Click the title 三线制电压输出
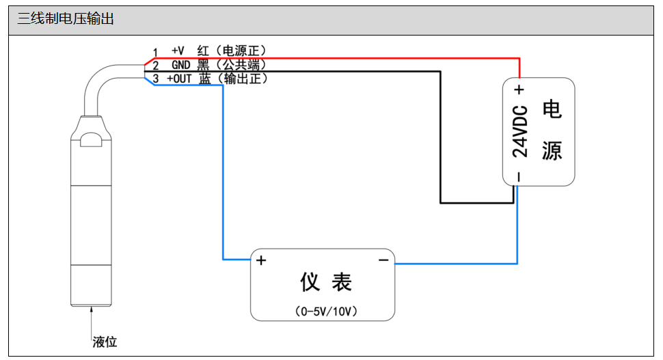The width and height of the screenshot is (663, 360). click(66, 19)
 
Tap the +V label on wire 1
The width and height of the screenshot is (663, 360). click(178, 51)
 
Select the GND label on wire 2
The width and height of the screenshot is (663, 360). click(180, 65)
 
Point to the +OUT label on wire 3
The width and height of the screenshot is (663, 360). click(179, 79)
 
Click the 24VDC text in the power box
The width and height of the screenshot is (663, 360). click(519, 132)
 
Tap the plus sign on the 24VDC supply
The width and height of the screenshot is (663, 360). click(519, 89)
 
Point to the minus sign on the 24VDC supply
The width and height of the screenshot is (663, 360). click(519, 176)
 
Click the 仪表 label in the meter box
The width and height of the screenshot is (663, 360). click(326, 281)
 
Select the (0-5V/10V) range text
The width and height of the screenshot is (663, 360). click(326, 311)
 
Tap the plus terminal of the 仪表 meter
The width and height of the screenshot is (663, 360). click(261, 260)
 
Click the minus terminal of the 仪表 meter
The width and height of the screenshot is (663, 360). click(383, 260)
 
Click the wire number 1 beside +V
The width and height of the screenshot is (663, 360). click(155, 53)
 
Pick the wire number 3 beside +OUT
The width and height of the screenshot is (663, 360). click(155, 80)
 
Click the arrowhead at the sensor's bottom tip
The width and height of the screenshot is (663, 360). click(92, 309)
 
